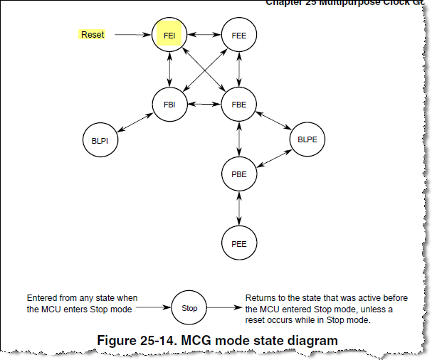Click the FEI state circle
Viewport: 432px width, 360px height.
tap(169, 34)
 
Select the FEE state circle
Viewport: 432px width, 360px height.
tap(238, 34)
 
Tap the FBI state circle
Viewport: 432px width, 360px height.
tap(169, 104)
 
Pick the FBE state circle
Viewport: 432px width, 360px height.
tap(238, 104)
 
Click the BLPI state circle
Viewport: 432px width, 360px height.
tap(100, 140)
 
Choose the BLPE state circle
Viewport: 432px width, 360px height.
tap(308, 139)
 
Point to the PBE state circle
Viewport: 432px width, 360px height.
tap(238, 174)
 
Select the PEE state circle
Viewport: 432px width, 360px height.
tap(238, 243)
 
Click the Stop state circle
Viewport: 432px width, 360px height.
tap(189, 309)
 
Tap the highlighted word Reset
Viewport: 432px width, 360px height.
tap(93, 34)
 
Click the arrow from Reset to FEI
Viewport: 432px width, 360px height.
tap(133, 34)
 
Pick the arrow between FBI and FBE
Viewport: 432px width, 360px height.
tap(204, 104)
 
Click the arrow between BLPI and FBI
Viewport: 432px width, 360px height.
tap(135, 122)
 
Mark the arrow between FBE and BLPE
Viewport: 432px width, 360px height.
tap(274, 122)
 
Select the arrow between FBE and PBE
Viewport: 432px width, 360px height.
tap(238, 139)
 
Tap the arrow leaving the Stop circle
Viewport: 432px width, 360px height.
tap(223, 309)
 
